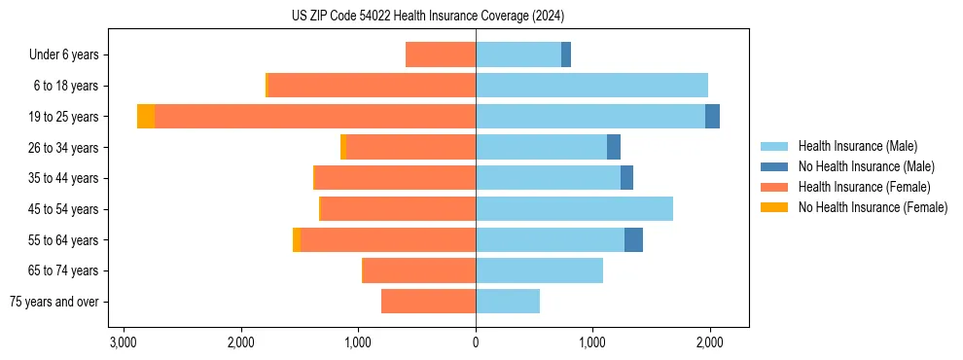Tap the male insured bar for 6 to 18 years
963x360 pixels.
(591, 86)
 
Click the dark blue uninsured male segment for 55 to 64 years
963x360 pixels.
(633, 240)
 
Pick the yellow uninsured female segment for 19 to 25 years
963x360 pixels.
(145, 117)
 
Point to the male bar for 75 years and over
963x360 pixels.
(508, 302)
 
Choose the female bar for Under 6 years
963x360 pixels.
(441, 54)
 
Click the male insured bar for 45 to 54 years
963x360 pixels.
(574, 209)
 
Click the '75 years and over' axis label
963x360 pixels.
(54, 303)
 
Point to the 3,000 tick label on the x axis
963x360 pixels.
(123, 342)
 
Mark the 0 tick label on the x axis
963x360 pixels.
(476, 342)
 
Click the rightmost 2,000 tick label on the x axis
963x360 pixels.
(710, 342)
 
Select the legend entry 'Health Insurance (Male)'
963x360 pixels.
(857, 146)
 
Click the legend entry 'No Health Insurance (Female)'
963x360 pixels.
(873, 207)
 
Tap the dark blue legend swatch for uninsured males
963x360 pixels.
(773, 166)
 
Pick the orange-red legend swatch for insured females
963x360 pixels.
(773, 187)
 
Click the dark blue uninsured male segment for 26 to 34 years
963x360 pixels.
(614, 148)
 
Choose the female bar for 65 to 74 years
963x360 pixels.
(418, 270)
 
